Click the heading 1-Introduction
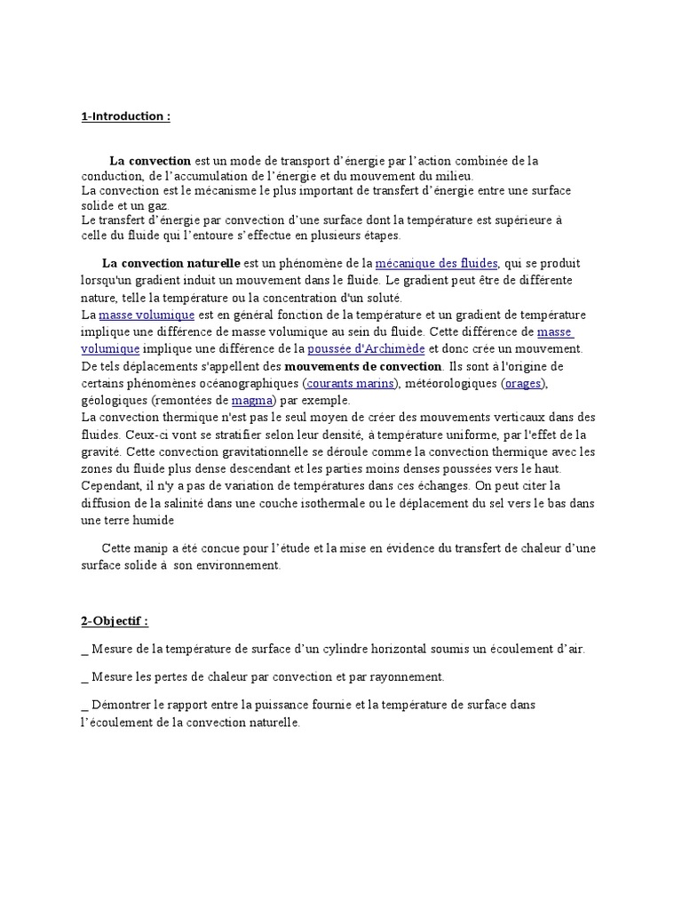point(124,117)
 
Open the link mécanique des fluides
point(437,264)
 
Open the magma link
point(252,400)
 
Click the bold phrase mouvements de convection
point(363,366)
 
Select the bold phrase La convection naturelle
point(170,264)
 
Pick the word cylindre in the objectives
point(353,650)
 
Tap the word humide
point(155,520)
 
